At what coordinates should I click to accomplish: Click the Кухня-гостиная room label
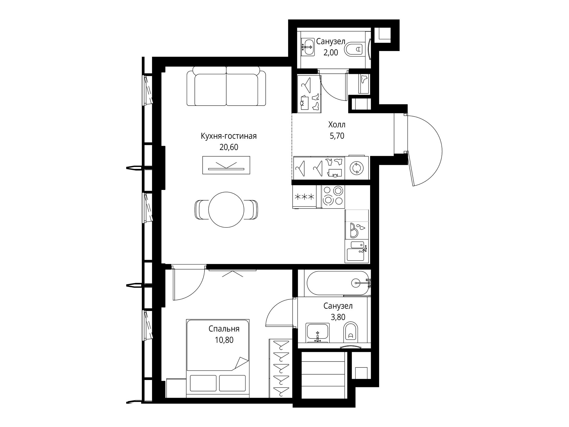(x=229, y=136)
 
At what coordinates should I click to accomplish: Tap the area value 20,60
(x=229, y=147)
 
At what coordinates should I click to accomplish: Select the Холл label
(x=337, y=125)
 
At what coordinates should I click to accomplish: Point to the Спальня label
(x=224, y=329)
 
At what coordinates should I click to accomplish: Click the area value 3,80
(x=338, y=317)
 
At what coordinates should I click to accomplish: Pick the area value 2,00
(x=331, y=53)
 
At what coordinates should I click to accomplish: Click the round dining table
(x=226, y=210)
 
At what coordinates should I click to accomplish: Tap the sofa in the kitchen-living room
(x=226, y=86)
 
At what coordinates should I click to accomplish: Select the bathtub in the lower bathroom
(x=337, y=283)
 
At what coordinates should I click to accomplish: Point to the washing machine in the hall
(x=357, y=168)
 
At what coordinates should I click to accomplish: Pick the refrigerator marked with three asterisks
(x=305, y=197)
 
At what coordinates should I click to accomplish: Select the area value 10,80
(x=224, y=340)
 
